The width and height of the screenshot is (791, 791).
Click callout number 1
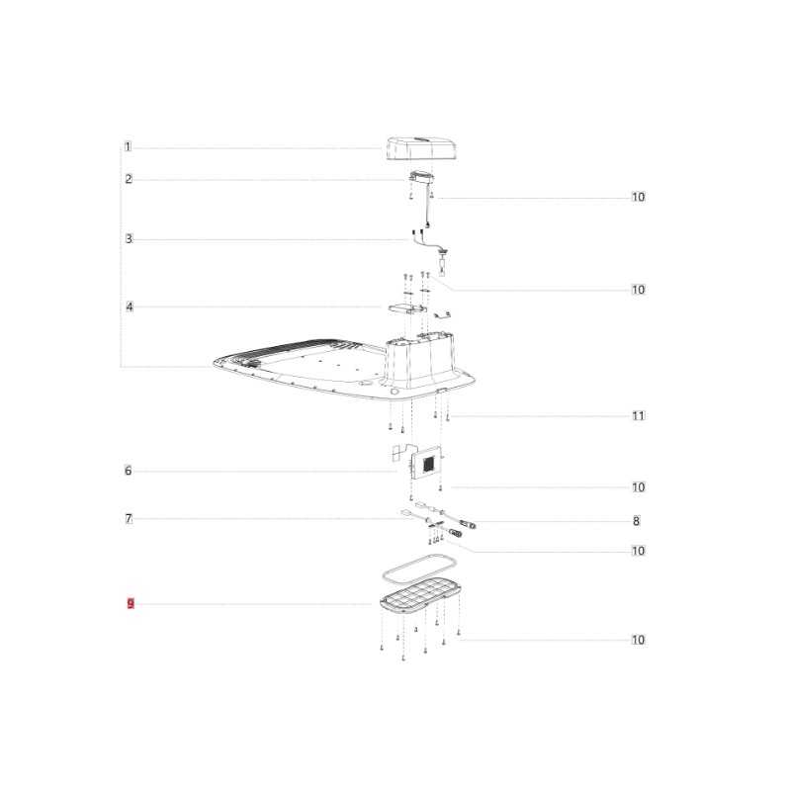point(128,146)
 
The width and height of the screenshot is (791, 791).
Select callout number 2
point(129,179)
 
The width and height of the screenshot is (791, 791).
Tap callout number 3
point(129,238)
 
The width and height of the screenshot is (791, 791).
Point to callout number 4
point(130,307)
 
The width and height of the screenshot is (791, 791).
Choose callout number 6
point(129,471)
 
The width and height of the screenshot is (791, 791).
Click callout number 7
point(129,518)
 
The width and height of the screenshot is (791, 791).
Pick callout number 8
point(636,521)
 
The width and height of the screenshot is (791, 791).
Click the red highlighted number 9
point(131,603)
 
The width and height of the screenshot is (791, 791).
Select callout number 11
point(639,415)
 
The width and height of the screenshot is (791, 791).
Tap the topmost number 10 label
point(639,197)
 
